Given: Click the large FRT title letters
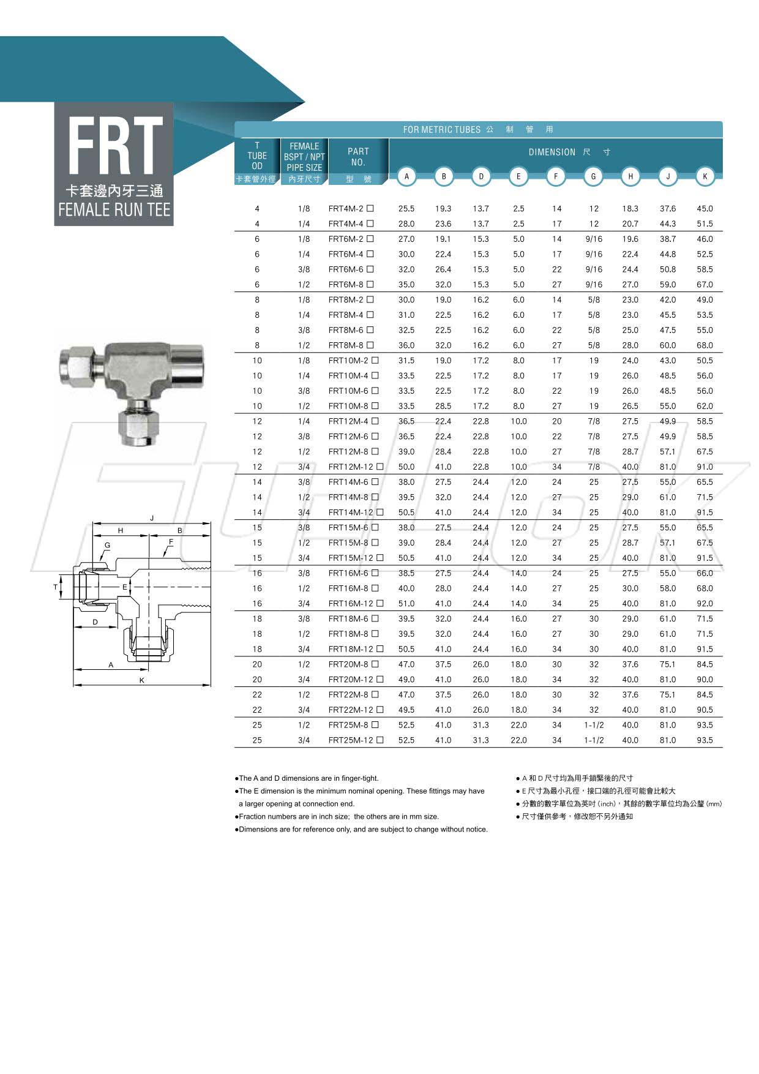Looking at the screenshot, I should click(114, 146).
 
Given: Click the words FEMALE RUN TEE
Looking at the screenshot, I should click(114, 210).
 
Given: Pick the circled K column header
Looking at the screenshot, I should click(705, 176).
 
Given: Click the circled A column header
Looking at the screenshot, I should click(406, 176).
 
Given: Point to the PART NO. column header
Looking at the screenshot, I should click(358, 157).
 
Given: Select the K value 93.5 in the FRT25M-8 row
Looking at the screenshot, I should click(705, 725).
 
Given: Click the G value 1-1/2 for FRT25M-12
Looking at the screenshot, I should click(593, 740).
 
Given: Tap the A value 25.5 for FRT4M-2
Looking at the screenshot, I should click(406, 209).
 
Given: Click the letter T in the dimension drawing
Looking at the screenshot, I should click(56, 587).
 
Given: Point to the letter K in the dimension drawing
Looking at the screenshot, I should click(142, 680).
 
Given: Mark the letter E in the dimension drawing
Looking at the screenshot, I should click(125, 587).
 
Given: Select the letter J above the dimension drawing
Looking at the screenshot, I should click(152, 518).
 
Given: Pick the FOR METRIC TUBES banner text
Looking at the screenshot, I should click(441, 130).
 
